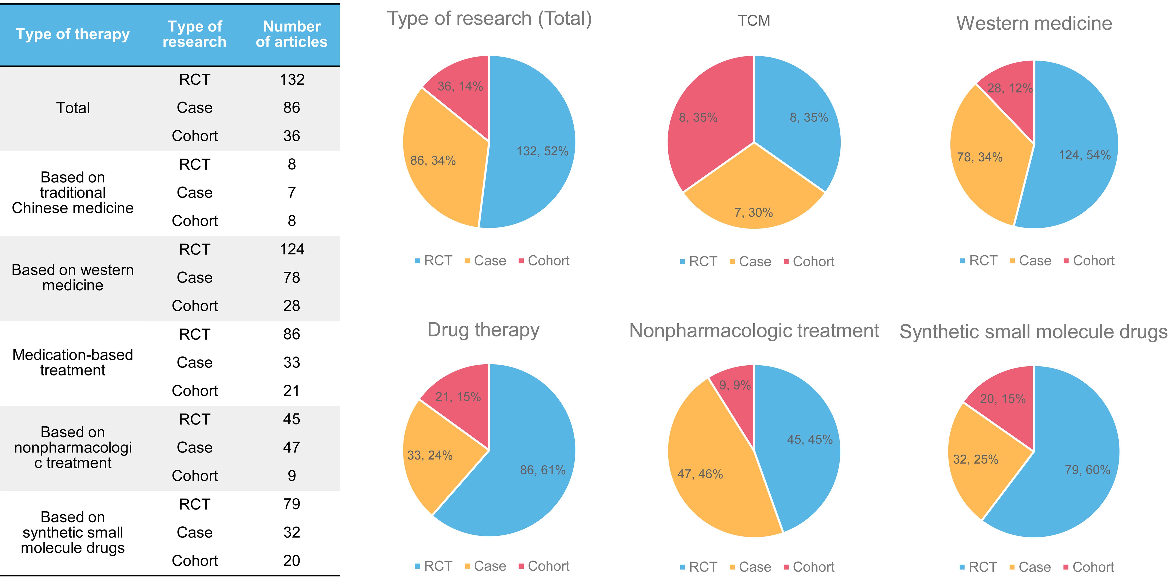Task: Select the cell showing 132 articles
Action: pos(292,80)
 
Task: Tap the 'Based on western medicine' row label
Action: pos(73,278)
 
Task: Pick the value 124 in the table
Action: pos(292,249)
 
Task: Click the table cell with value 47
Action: pos(292,447)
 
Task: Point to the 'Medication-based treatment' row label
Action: pos(73,362)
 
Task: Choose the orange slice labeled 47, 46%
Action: pos(709,472)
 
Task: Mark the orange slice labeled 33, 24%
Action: pos(432,454)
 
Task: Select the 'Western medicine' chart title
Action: pos(1034,24)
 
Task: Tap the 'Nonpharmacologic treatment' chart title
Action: pos(754,331)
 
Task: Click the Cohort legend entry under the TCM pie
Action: pos(809,262)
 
